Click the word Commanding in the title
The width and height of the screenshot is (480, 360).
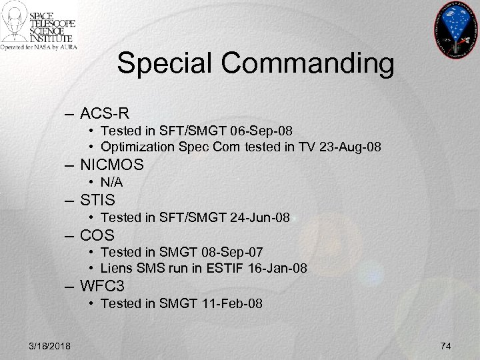[309, 64]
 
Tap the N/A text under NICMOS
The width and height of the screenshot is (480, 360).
[112, 182]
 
